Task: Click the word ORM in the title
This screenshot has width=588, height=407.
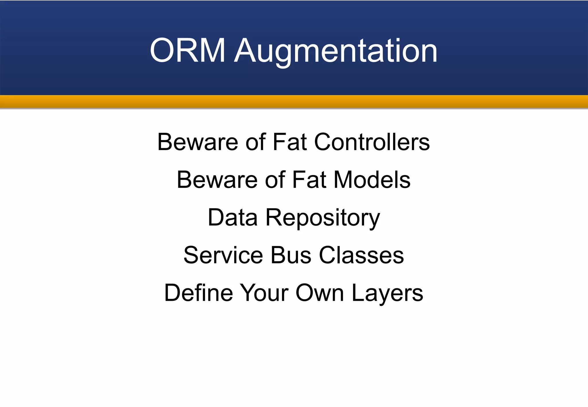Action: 187,51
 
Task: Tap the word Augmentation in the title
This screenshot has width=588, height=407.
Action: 336,51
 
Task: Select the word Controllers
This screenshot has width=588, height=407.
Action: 372,142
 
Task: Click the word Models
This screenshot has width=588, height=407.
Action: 372,180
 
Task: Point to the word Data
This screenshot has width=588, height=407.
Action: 233,217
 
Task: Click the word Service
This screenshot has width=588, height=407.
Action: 223,255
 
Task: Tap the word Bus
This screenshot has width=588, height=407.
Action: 291,255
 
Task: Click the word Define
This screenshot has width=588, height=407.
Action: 198,293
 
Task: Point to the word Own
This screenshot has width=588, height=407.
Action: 320,293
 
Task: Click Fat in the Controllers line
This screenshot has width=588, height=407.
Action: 290,142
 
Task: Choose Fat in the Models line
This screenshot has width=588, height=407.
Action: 309,180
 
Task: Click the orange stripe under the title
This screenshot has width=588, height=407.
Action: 294,101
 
